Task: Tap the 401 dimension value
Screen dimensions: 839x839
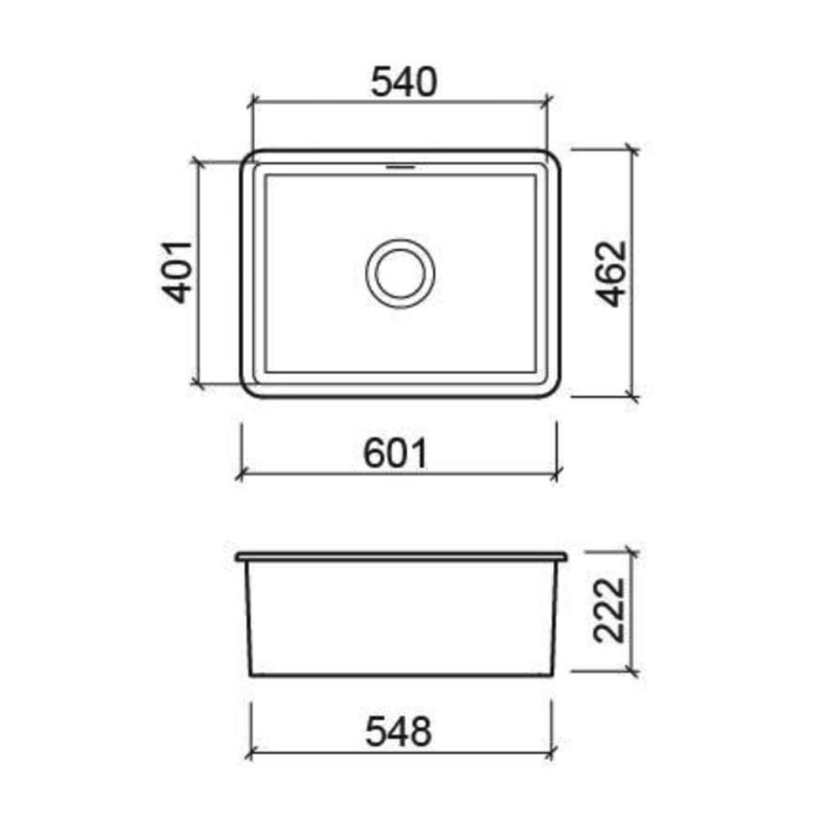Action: (x=178, y=272)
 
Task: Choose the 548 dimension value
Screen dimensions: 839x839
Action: (x=399, y=732)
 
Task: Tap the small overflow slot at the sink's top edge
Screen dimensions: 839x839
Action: (x=401, y=167)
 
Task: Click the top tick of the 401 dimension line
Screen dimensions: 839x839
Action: (x=198, y=161)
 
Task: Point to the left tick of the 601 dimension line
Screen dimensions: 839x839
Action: (x=242, y=475)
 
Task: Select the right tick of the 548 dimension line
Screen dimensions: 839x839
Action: (x=550, y=753)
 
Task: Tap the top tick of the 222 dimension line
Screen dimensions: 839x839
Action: (x=633, y=554)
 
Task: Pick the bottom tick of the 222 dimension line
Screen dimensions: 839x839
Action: (x=633, y=672)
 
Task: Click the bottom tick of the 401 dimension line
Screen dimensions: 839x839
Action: (x=198, y=384)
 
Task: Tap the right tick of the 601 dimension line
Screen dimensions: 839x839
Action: (x=555, y=475)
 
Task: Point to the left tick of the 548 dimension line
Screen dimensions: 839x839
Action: (x=252, y=753)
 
